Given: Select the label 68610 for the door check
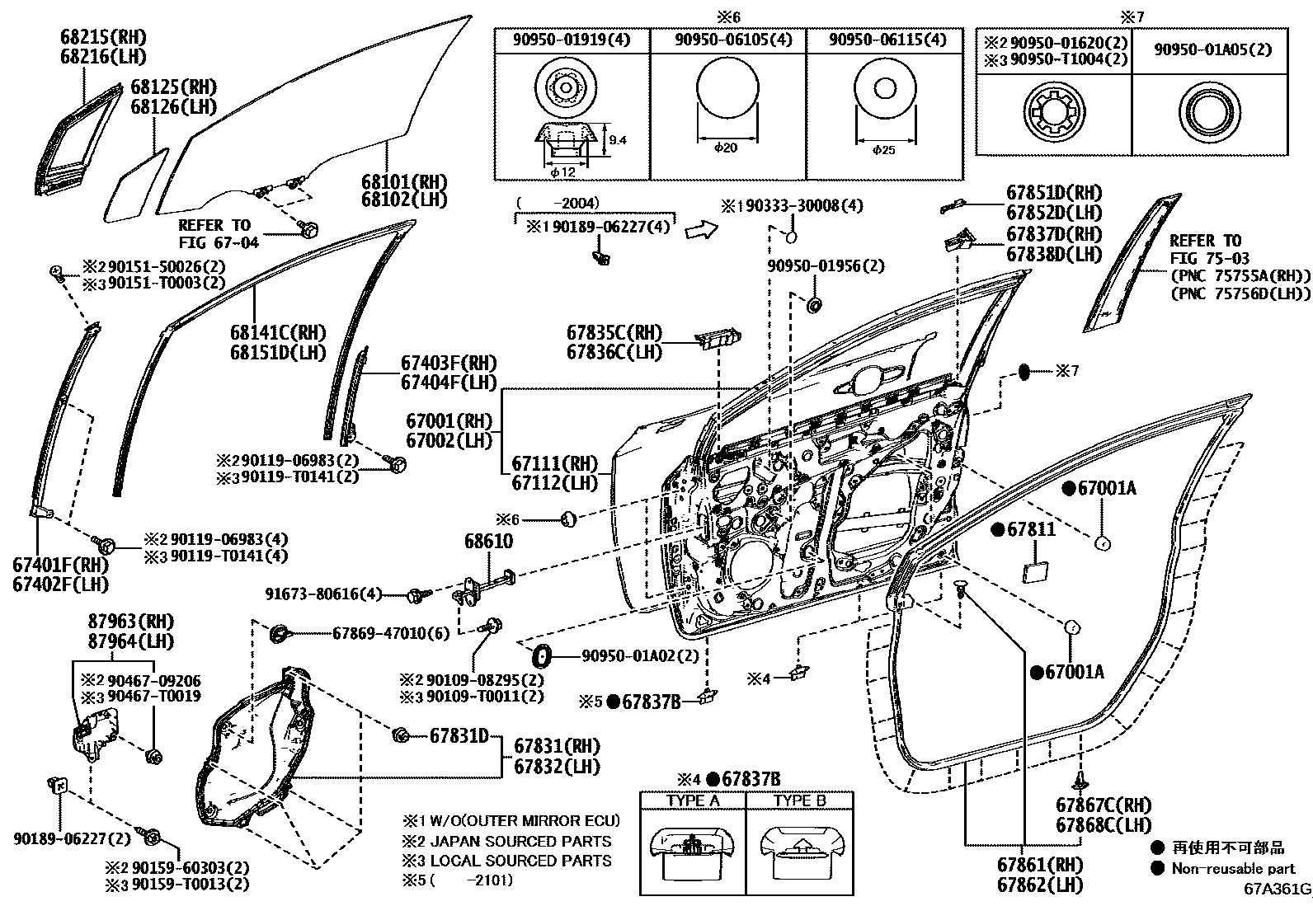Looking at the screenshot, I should (488, 542).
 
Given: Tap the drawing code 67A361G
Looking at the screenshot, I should (1278, 890).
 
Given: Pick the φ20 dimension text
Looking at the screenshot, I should (726, 148).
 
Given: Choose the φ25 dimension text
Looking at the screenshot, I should (882, 150).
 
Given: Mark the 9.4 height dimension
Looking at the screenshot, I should (618, 140).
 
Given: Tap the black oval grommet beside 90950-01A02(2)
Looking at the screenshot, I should (541, 656).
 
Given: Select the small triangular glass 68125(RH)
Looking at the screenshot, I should (136, 185).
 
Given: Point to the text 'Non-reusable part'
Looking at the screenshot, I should (1235, 868).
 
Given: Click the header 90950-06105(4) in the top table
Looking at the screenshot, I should (727, 40).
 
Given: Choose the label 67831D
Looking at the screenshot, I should (459, 735).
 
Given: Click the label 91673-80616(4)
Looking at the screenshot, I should (324, 594).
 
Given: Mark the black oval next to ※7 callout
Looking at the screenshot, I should (1024, 372).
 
